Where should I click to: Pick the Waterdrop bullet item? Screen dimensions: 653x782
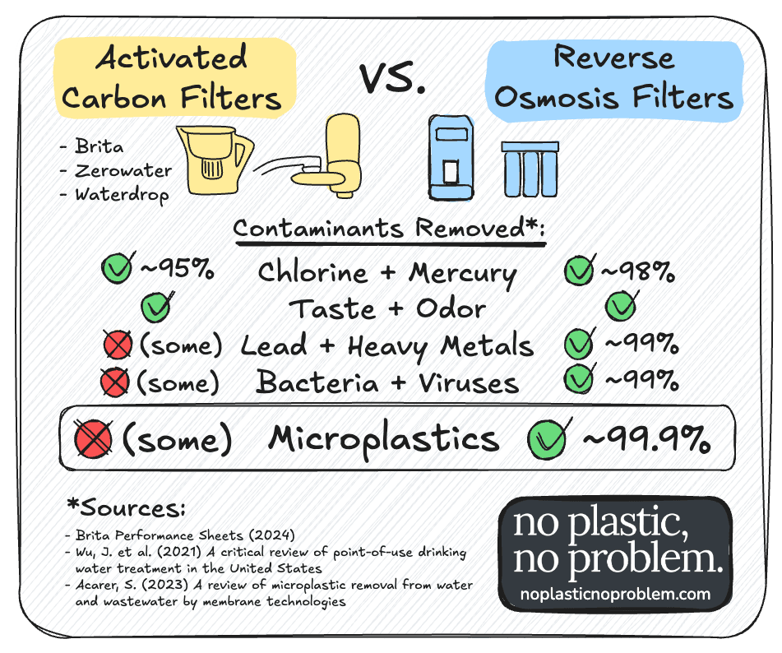121,195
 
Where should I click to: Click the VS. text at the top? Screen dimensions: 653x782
392,79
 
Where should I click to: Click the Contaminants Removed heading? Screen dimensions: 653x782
389,228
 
